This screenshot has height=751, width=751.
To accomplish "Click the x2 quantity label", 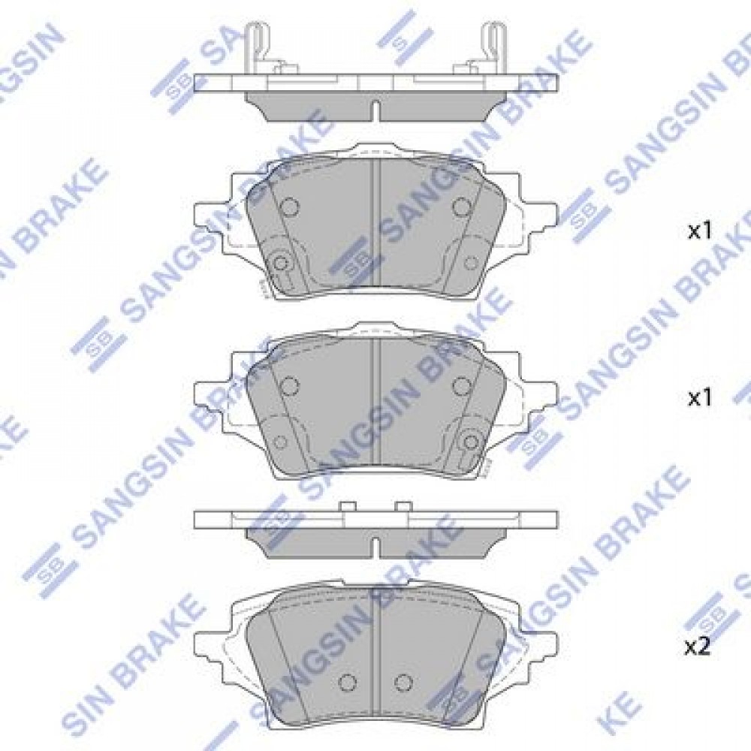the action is point(698,648).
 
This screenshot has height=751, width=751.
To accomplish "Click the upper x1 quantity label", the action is point(700,231).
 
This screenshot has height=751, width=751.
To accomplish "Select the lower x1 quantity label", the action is point(700,398).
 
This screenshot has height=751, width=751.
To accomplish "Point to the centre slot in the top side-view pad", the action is point(376,111).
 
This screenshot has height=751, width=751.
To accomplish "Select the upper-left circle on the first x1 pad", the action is point(289,207).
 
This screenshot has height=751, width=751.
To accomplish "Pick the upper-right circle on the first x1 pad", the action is point(462,207).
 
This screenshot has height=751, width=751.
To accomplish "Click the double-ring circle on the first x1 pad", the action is point(280,262).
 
